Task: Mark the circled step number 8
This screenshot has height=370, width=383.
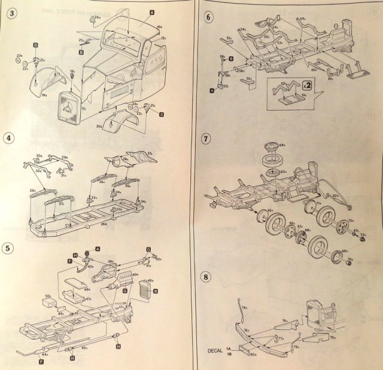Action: [206, 277]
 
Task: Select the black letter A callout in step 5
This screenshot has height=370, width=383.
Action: [98, 248]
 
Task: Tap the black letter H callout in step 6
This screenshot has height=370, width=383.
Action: [212, 90]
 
